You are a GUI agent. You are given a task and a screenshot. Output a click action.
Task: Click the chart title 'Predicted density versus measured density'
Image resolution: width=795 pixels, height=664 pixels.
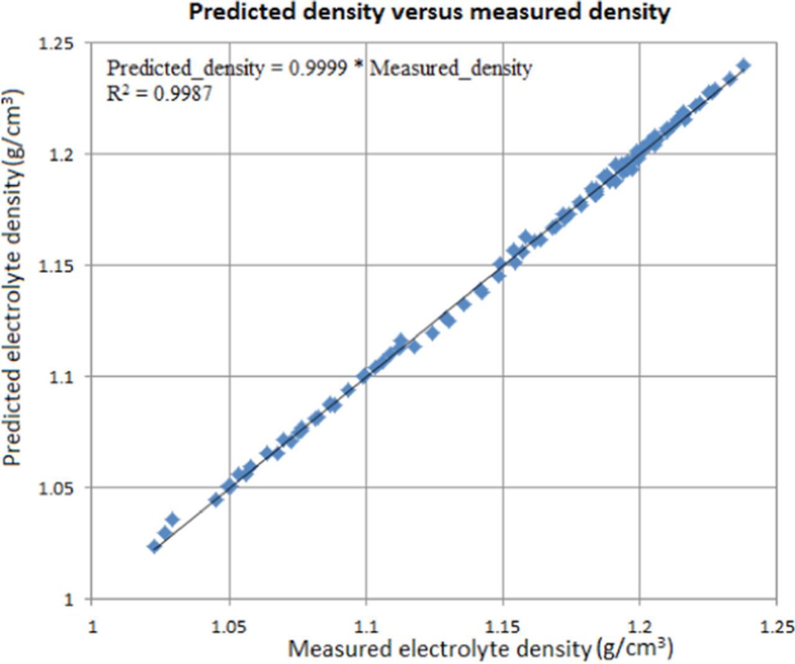tap(429, 12)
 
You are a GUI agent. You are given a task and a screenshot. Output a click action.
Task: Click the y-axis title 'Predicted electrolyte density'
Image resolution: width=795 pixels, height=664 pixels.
tap(13, 277)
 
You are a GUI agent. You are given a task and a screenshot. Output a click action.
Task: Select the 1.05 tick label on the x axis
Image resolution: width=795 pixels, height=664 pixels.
tap(229, 626)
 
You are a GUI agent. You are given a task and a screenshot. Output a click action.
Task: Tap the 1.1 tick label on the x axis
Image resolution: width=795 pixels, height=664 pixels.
tap(366, 626)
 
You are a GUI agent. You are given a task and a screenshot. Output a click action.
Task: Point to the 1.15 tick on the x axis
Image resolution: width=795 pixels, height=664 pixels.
tap(502, 626)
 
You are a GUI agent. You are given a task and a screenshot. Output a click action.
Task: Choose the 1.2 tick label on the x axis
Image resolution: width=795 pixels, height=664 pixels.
tap(640, 626)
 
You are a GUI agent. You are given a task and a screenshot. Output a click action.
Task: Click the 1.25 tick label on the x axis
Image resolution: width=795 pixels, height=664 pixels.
tap(776, 626)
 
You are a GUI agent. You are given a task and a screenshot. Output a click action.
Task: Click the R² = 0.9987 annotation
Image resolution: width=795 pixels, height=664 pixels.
tap(160, 94)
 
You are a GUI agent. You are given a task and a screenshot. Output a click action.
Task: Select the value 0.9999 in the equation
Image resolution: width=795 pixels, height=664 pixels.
tap(318, 68)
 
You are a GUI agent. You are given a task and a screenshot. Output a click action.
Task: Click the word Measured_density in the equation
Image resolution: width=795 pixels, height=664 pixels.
tap(451, 68)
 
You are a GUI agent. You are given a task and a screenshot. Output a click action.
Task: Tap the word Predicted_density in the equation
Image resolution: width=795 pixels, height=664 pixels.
tap(185, 68)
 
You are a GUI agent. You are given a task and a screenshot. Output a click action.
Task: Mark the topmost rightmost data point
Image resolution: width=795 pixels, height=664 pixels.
tap(743, 65)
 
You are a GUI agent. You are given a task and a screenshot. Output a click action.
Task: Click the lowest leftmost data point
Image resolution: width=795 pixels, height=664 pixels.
tap(154, 546)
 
